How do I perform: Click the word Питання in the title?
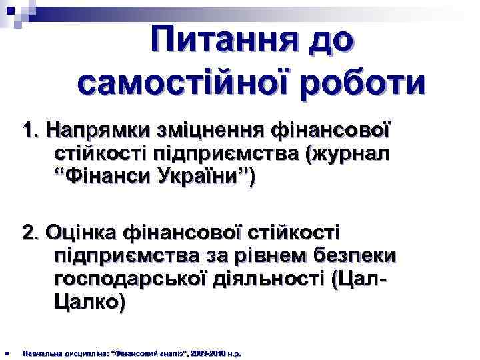(x=214, y=42)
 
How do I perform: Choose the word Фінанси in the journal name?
(x=105, y=179)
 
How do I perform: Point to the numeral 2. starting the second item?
(x=32, y=233)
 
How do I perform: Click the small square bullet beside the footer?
(x=5, y=353)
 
